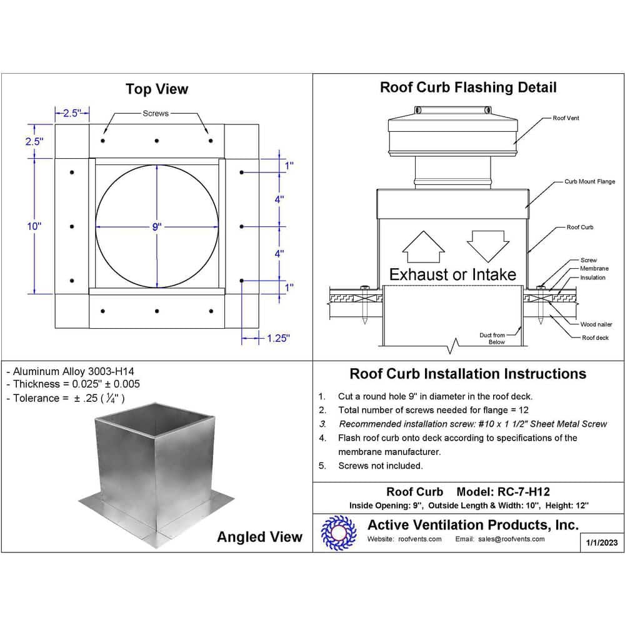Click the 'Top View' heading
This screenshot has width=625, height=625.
point(156,89)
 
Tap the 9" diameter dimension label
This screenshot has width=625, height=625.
point(156,227)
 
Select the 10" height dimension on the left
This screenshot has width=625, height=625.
point(34,226)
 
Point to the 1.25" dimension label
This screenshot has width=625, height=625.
point(278,338)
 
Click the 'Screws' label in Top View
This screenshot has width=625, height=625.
point(156,114)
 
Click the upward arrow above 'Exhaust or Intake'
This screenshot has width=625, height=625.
point(422,247)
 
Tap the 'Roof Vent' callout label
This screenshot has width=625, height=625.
point(566,118)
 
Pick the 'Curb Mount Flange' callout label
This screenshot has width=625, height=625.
point(589,182)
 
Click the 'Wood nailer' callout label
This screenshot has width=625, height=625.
point(596,324)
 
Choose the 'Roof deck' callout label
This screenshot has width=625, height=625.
point(595,337)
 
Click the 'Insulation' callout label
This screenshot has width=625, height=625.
point(592,277)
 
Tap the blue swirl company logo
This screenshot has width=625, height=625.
point(338,532)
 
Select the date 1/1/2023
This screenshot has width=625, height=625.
point(602,542)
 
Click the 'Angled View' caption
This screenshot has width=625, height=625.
point(259,537)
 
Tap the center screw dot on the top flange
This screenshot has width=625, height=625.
point(157,141)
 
